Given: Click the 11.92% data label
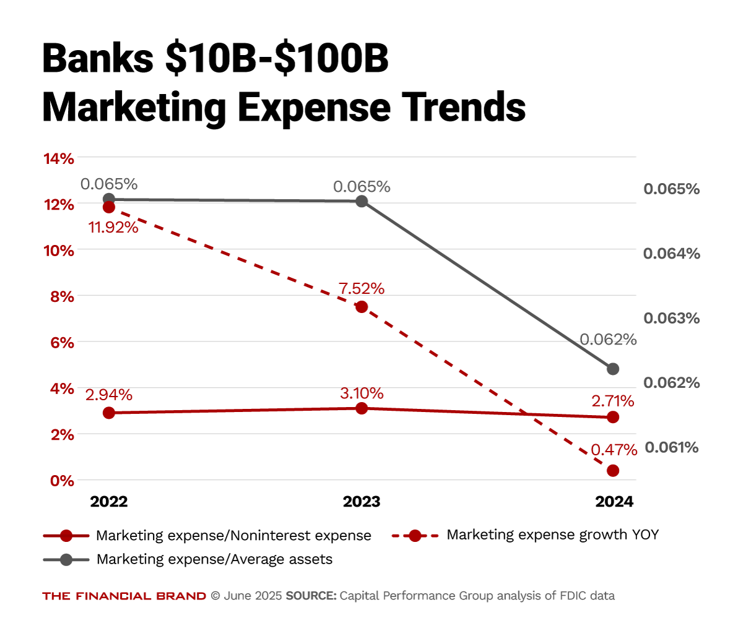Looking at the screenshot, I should (113, 227).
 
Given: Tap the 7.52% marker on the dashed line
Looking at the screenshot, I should (362, 307).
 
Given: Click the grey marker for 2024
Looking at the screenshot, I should (613, 369).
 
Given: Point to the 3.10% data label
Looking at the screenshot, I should (362, 393).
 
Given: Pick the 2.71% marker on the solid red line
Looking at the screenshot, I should (613, 417).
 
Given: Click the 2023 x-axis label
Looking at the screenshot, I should (362, 502).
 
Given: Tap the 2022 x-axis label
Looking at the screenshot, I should (109, 502).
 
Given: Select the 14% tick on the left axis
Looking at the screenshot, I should (59, 159).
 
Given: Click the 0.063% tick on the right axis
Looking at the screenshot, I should (672, 318).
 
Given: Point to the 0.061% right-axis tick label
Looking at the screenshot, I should (672, 447).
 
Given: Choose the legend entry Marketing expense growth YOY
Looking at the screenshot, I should (552, 535).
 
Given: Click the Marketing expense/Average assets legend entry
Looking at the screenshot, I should (214, 559).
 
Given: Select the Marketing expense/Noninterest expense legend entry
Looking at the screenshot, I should (233, 536).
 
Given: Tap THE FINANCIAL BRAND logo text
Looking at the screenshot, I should (124, 596).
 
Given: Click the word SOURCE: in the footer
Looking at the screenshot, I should (311, 596).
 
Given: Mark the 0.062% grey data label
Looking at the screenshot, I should (608, 340).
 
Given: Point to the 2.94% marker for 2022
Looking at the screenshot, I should (109, 413).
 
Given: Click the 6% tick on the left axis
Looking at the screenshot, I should (62, 343).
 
